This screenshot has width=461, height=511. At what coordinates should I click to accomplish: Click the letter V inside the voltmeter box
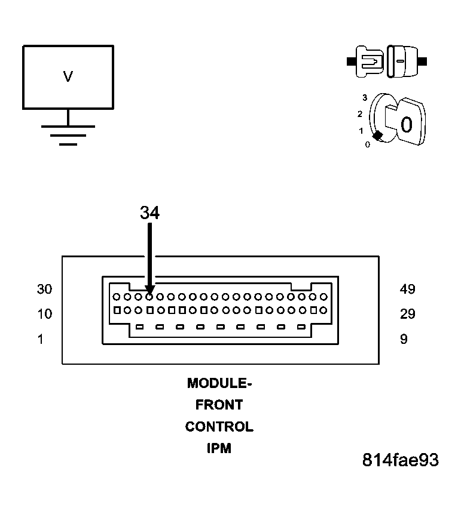[x=68, y=76]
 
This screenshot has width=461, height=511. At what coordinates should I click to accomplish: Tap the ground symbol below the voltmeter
[x=68, y=135]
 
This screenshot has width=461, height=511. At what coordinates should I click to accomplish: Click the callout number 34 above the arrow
[x=150, y=213]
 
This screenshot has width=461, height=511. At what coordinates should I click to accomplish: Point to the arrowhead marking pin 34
[x=149, y=290]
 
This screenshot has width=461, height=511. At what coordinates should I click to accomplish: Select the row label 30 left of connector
[x=44, y=289]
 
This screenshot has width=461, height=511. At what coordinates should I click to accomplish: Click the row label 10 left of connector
[x=44, y=314]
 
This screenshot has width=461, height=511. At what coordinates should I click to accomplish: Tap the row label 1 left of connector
[x=41, y=339]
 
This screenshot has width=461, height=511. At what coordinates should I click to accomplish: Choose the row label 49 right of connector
[x=407, y=289]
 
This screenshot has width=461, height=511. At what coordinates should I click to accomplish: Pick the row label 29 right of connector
[x=407, y=314]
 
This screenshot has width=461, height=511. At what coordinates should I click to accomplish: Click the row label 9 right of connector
[x=404, y=339]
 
